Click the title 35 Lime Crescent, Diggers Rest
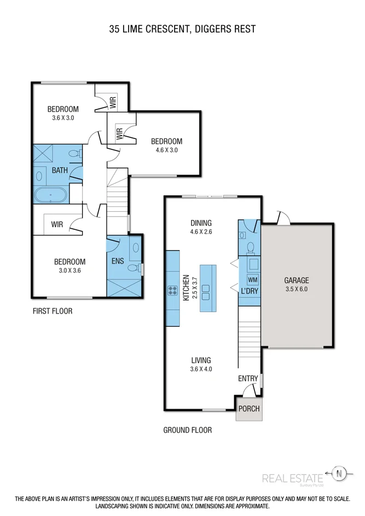(182, 28)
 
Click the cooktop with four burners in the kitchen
(174, 290)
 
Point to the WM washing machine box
(252, 280)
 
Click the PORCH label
(249, 409)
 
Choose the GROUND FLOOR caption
(187, 430)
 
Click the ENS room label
(118, 262)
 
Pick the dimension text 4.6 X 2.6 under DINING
(201, 232)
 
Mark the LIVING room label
(201, 360)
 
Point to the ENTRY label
(248, 379)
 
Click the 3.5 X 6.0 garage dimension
(297, 289)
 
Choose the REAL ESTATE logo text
(292, 478)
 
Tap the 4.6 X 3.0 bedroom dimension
(166, 149)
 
